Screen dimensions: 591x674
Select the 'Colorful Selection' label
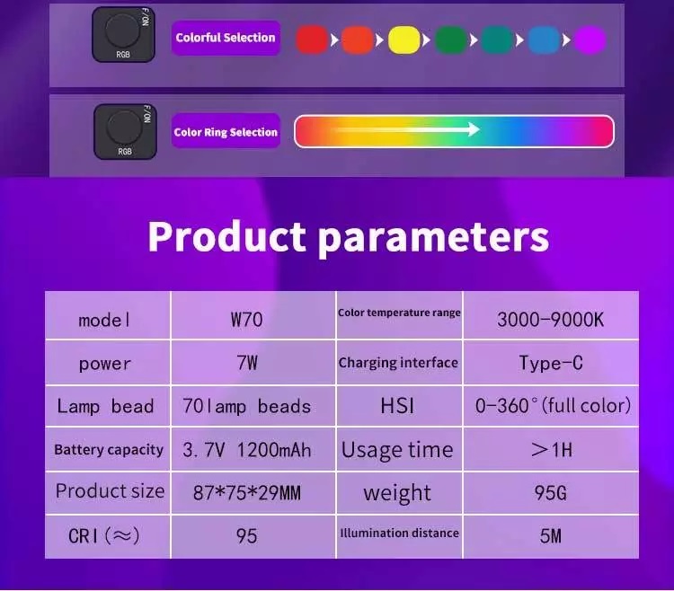pos(226,38)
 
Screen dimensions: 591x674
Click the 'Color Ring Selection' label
pos(226,132)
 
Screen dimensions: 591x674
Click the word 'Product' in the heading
pos(226,236)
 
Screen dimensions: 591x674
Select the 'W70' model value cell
pos(246,318)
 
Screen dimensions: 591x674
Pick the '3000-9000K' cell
pos(550,318)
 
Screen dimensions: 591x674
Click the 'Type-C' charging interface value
pos(550,363)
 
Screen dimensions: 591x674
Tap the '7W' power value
pos(246,363)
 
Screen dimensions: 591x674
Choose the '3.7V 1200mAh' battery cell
pos(246,449)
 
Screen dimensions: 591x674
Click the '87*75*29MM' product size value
pos(246,492)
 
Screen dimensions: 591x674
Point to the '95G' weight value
pos(550,492)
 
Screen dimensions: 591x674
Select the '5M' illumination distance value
pos(550,535)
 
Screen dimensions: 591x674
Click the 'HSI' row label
pos(397,406)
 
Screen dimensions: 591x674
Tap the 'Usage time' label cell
pos(397,449)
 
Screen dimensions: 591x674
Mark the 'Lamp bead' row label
pos(105,406)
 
